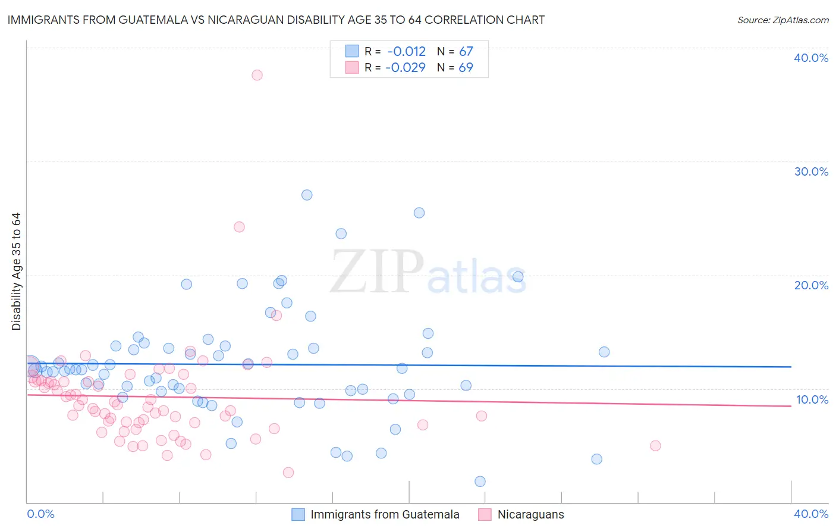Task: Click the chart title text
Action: pyautogui.click(x=276, y=20)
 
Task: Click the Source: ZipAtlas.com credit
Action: pyautogui.click(x=782, y=20)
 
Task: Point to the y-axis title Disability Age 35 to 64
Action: pyautogui.click(x=16, y=271)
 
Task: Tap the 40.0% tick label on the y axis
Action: pyautogui.click(x=811, y=58)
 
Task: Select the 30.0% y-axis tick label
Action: pyautogui.click(x=811, y=171)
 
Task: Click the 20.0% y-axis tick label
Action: pyautogui.click(x=811, y=285)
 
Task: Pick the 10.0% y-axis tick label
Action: pyautogui.click(x=812, y=399)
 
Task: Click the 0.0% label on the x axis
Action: pyautogui.click(x=41, y=514)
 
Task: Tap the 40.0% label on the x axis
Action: pyautogui.click(x=811, y=514)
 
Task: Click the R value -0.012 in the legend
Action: pyautogui.click(x=406, y=52)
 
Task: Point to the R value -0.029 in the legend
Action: pyautogui.click(x=406, y=68)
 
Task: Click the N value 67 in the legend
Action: pyautogui.click(x=466, y=52)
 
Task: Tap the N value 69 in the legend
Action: pyautogui.click(x=466, y=68)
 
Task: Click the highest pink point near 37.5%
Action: pyautogui.click(x=257, y=75)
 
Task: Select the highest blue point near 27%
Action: pyautogui.click(x=307, y=195)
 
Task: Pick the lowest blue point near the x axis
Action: pyautogui.click(x=480, y=481)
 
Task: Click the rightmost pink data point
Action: pyautogui.click(x=655, y=445)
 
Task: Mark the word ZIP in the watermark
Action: pyautogui.click(x=377, y=272)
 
